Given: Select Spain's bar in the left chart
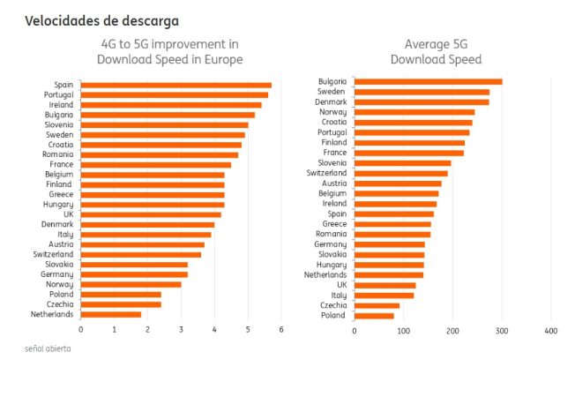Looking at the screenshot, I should pos(175,86).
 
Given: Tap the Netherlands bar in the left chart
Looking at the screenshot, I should pos(111,314).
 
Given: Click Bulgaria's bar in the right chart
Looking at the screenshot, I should pos(428,82).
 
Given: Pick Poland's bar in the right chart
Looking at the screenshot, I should pos(374,315).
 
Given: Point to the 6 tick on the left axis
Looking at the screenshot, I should pos(281,330).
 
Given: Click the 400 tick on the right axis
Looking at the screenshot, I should pos(551,331).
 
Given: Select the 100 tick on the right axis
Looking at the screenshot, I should pos(404,331).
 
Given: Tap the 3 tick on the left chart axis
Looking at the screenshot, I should pos(181,330).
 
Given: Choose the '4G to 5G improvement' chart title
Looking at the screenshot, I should pos(169,51).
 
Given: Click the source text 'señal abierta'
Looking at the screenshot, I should pos(48,348).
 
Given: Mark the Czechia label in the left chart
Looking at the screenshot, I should pos(60,304).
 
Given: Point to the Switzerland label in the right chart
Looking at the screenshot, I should pos(327,173).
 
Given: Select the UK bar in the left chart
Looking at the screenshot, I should pos(151,214).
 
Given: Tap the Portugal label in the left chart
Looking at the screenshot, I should pos(59,94).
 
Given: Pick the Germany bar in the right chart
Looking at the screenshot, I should pos(390,244).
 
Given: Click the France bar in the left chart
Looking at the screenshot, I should pos(156,165).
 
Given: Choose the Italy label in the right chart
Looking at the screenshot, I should pos(339,295).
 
